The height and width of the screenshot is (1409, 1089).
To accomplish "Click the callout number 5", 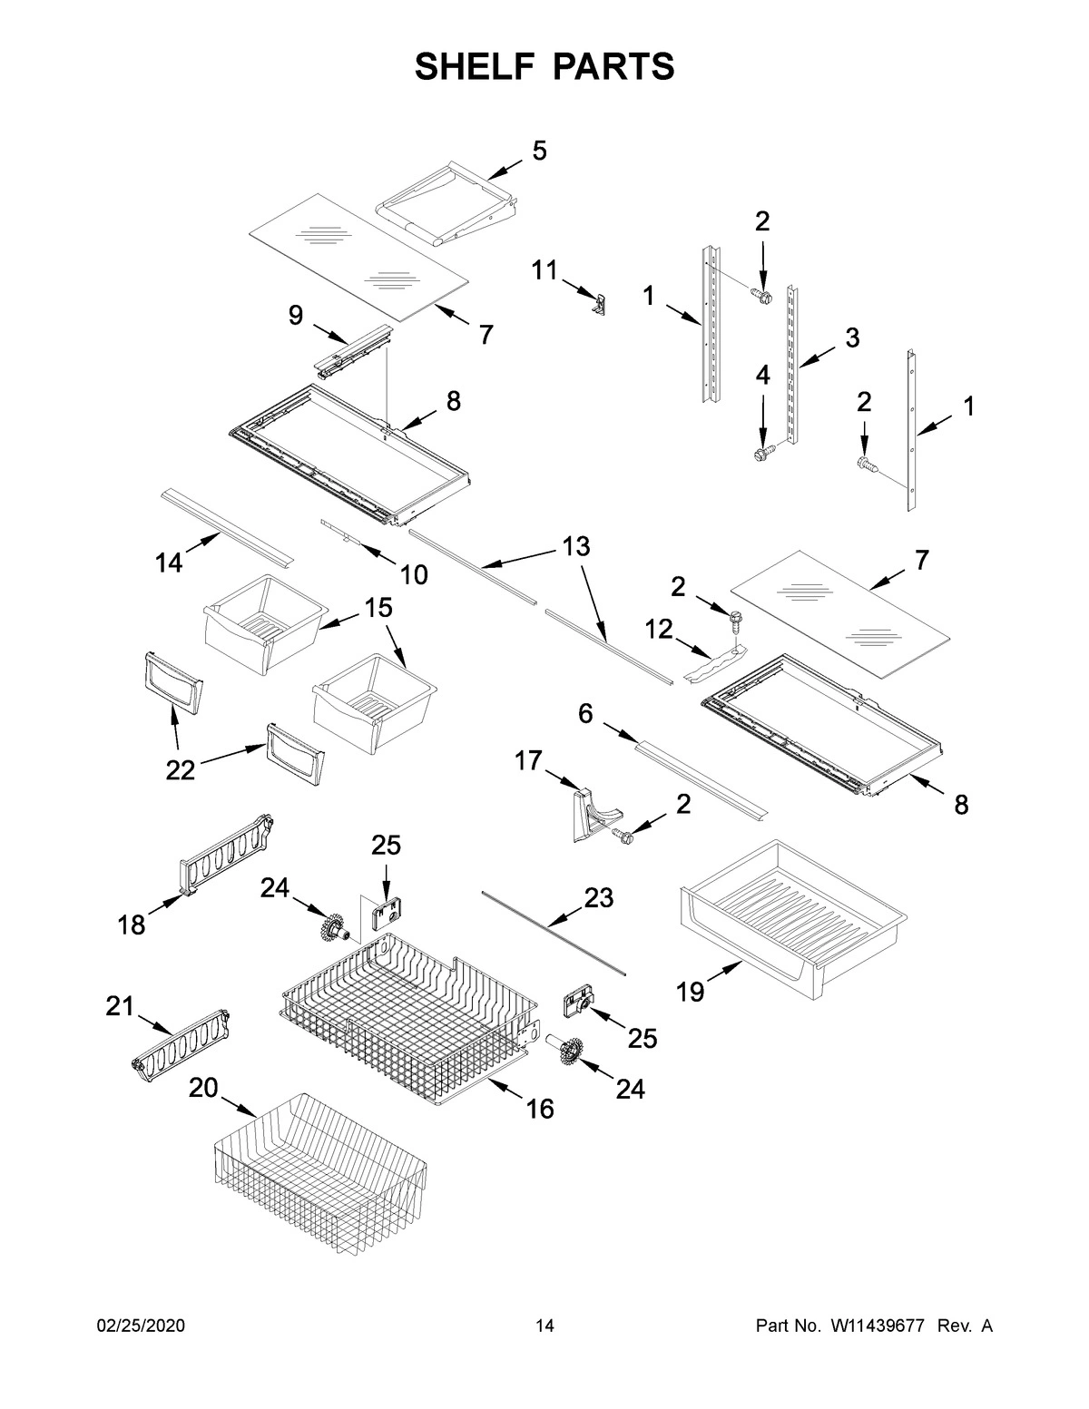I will click(539, 152).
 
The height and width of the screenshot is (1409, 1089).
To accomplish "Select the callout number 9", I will click(296, 315).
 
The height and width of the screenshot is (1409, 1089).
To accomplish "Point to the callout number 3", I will click(851, 338).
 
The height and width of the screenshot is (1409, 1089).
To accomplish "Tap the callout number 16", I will click(540, 1109).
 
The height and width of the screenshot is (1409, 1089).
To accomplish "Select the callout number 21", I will click(119, 1006).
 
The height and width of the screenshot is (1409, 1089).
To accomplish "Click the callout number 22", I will click(181, 770).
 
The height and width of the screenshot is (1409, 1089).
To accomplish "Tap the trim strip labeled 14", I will click(227, 526).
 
